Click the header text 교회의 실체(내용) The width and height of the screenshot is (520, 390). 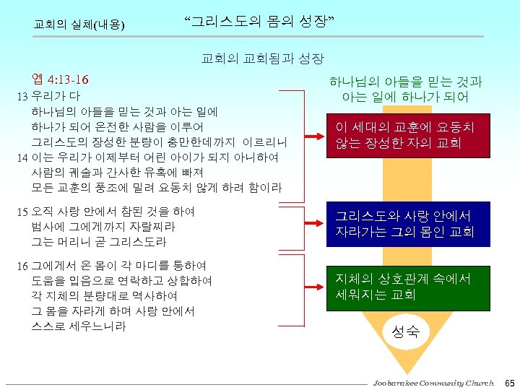[x=79, y=25]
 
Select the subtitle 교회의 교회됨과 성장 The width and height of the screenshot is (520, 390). [x=261, y=58]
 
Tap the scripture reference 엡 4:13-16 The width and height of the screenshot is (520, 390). [x=61, y=77]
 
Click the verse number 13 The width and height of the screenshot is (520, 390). [x=22, y=96]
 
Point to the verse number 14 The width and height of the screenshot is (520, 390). [x=22, y=157]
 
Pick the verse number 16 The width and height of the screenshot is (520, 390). [x=22, y=266]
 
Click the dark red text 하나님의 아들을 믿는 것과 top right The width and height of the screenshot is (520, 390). [x=406, y=82]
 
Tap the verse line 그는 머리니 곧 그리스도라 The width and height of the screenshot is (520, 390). [x=99, y=242]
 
